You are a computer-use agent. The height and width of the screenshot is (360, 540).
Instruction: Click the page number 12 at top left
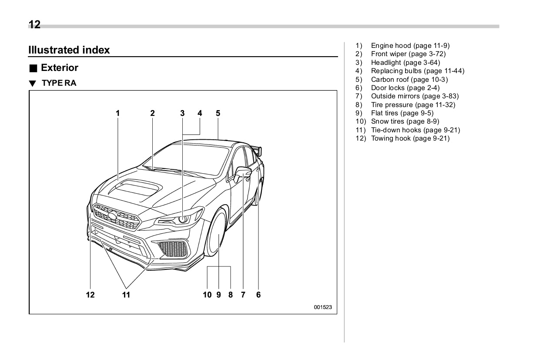coord(34,25)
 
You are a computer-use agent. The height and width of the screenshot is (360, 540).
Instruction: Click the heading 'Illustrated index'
coord(69,50)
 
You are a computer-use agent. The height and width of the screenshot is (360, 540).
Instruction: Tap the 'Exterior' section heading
coord(59,68)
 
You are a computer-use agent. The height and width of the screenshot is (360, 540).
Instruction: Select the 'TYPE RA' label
coord(59,83)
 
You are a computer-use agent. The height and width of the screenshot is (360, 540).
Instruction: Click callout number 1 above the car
coord(117,113)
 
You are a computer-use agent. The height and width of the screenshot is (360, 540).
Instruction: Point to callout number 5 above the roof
coord(218,113)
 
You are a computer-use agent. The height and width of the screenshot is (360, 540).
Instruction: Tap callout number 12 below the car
coord(90,295)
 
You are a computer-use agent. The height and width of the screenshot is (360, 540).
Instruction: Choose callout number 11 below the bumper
coord(126,295)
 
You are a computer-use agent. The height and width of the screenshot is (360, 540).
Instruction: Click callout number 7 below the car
coord(243,295)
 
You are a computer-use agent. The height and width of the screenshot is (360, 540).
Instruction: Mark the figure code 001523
coord(323,307)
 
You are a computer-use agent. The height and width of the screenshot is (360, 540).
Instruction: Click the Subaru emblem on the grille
coord(112,215)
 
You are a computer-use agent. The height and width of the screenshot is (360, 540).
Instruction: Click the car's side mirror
coord(242,173)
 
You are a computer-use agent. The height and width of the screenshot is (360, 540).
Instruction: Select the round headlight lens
coord(183,219)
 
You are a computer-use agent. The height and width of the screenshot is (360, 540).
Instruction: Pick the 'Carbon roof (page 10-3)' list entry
coord(409,79)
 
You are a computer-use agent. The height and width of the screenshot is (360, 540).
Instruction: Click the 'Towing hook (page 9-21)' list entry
coord(410,138)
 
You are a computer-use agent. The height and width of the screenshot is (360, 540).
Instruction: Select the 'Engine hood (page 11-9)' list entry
coord(410,46)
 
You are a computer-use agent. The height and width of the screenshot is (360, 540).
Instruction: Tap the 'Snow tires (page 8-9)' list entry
coord(405,121)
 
